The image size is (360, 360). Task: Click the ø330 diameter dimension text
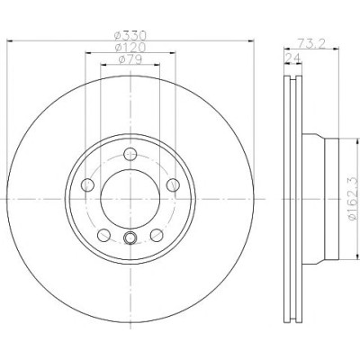coord(130,36)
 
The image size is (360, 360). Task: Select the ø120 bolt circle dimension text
coord(130,48)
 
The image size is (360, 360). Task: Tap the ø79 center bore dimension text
coord(130,59)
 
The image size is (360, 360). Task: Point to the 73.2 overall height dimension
coord(312,44)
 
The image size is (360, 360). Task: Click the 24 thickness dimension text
coord(292,58)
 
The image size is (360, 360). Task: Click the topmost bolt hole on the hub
coord(130,155)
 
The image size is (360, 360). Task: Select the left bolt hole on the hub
coord(87,185)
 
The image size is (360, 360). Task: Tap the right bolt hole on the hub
coord(173,185)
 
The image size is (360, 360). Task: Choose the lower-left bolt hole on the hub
coord(103,235)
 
